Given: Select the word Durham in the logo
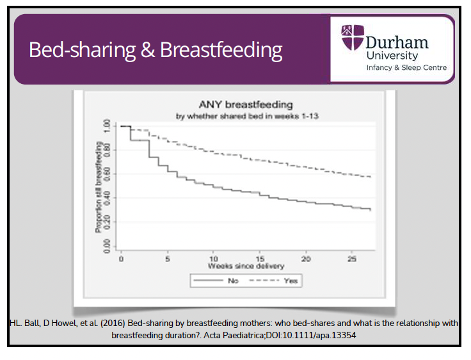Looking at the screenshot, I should (x=397, y=43).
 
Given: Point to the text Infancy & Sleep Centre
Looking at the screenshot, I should (x=406, y=68).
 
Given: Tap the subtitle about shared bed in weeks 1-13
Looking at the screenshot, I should (x=246, y=116).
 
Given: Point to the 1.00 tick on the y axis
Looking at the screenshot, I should (x=107, y=126).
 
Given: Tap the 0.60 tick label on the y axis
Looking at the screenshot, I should (x=107, y=174).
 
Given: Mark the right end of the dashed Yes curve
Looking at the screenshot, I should (x=371, y=177).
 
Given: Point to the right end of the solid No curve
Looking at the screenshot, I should (x=371, y=209).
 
